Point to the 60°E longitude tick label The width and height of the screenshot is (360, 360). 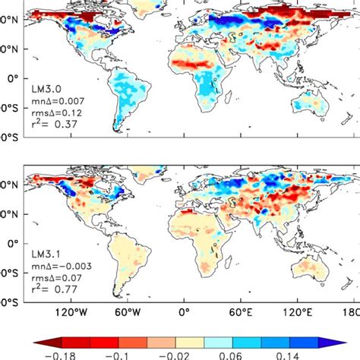tap(241, 313)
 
